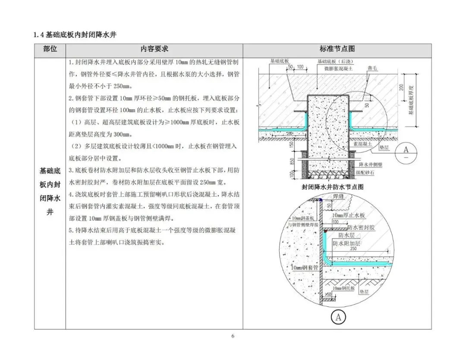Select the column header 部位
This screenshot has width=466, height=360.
[50, 49]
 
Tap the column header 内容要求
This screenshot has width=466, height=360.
[154, 49]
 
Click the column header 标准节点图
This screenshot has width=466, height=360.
[337, 49]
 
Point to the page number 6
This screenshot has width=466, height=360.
[233, 337]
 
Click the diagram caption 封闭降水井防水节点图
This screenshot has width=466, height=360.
[333, 187]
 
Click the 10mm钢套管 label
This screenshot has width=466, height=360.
[304, 268]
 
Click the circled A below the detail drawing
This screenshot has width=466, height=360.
[338, 318]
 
